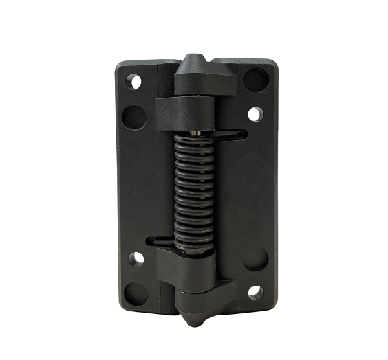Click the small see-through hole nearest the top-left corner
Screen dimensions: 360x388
tap(135, 82)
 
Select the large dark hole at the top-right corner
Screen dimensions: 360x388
tap(255, 80)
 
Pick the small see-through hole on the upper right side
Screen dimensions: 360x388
tap(255, 115)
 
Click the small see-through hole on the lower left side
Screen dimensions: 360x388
tap(136, 258)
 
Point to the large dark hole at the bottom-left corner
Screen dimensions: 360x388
tap(136, 293)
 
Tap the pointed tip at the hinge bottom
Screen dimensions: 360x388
tap(195, 319)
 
